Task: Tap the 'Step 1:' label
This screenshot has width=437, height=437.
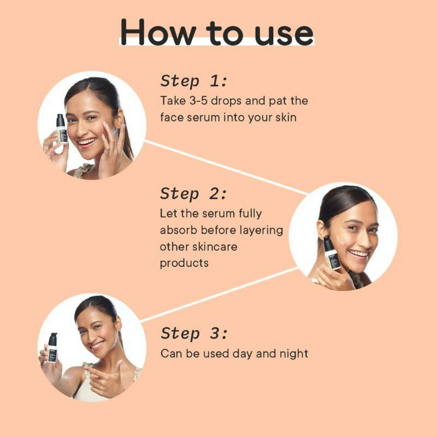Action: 193,81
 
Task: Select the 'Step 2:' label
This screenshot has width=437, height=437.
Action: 193,193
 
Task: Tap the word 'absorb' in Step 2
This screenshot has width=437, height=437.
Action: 178,230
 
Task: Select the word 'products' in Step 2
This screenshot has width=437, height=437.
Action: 184,263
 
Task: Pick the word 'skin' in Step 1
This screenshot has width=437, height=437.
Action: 284,117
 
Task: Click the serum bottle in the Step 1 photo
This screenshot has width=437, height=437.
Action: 61,129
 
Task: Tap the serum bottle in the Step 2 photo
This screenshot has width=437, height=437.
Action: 331,253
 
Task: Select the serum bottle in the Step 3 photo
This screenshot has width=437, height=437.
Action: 52,347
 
